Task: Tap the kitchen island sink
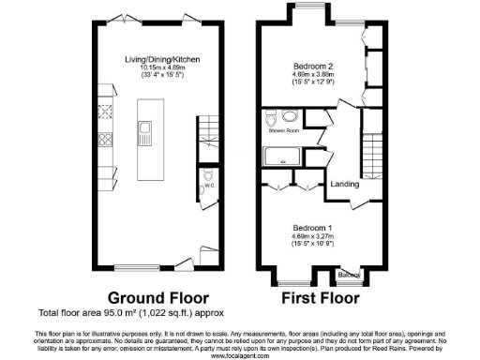point(145,127)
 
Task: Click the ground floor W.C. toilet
point(208,176)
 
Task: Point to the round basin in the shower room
point(290,117)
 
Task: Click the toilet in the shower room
point(271,118)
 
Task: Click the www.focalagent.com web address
point(240,355)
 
